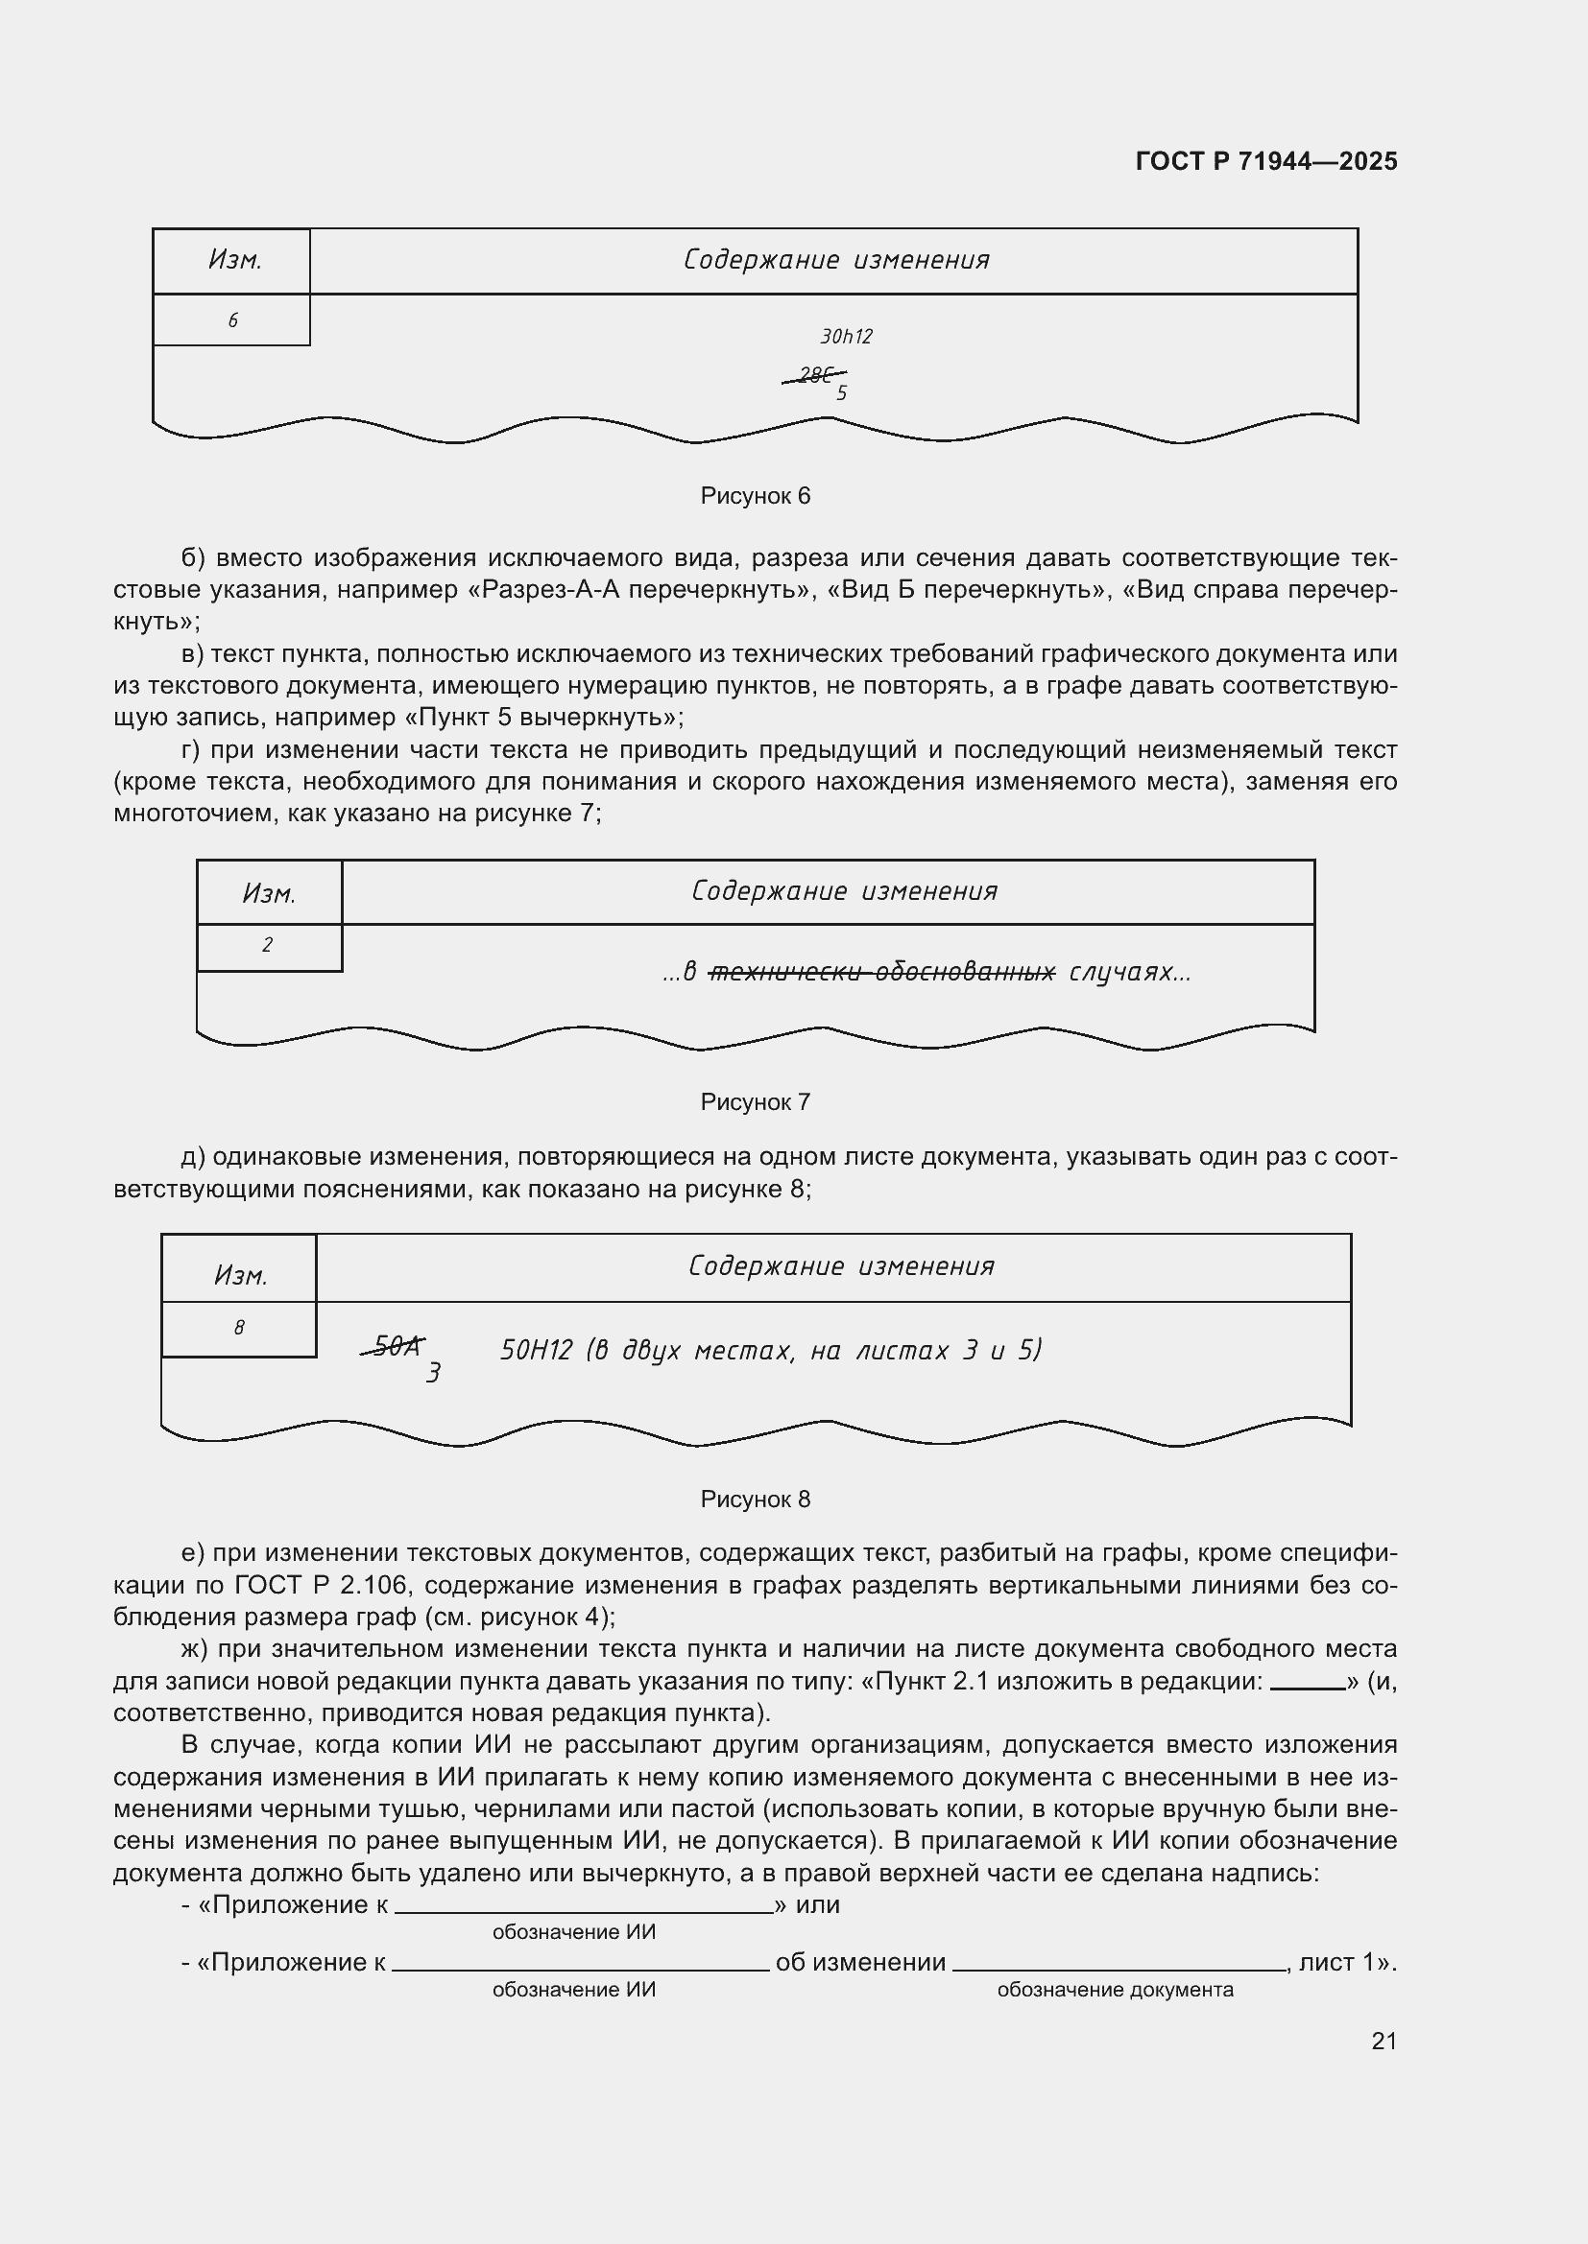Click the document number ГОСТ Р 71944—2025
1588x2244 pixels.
pos(1265,161)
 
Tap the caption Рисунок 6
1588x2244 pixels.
pos(755,497)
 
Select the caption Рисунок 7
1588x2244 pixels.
pos(755,1102)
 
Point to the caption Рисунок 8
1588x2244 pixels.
pos(755,1500)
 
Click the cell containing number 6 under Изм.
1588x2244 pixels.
pos(231,320)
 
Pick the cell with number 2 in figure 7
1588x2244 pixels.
pos(267,945)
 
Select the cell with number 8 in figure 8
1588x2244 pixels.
pos(239,1328)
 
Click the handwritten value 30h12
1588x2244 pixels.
pos(846,337)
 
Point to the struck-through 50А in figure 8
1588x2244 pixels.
pos(393,1348)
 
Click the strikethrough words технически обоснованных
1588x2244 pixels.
pos(881,973)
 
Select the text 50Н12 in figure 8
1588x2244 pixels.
pos(535,1351)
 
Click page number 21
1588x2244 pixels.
pos(1383,2041)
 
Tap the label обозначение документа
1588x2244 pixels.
pos(1115,1990)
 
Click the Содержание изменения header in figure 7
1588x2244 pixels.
pos(843,891)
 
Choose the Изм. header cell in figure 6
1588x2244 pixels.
pos(233,260)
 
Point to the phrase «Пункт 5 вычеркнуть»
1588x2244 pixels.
pos(542,718)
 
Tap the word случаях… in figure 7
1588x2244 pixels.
pos(1129,973)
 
